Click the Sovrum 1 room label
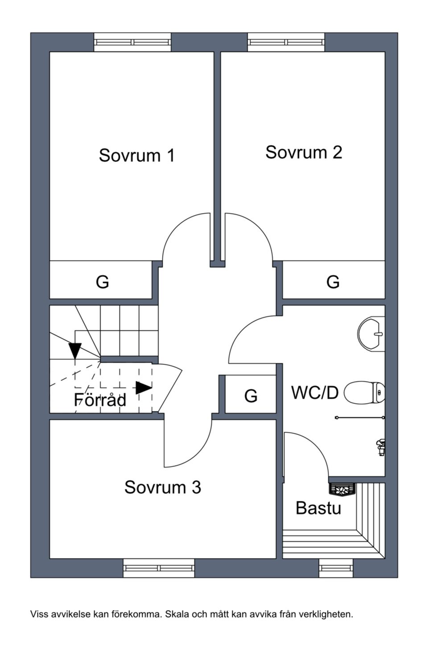[x=136, y=155]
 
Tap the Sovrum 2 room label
[x=304, y=152]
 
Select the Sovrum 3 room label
[x=162, y=487]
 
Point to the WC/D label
[x=315, y=392]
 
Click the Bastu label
[x=318, y=508]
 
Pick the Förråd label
[x=100, y=400]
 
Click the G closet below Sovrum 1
[x=103, y=282]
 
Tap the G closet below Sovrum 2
[x=333, y=282]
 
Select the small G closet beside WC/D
[x=251, y=396]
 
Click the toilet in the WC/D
[x=365, y=392]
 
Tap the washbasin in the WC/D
[x=371, y=333]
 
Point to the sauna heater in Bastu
[x=342, y=490]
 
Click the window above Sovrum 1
[x=132, y=42]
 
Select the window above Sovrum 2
[x=286, y=42]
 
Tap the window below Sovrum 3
[x=159, y=568]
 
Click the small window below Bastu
[x=336, y=568]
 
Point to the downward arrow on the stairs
[x=75, y=350]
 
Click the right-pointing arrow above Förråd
[x=144, y=388]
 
